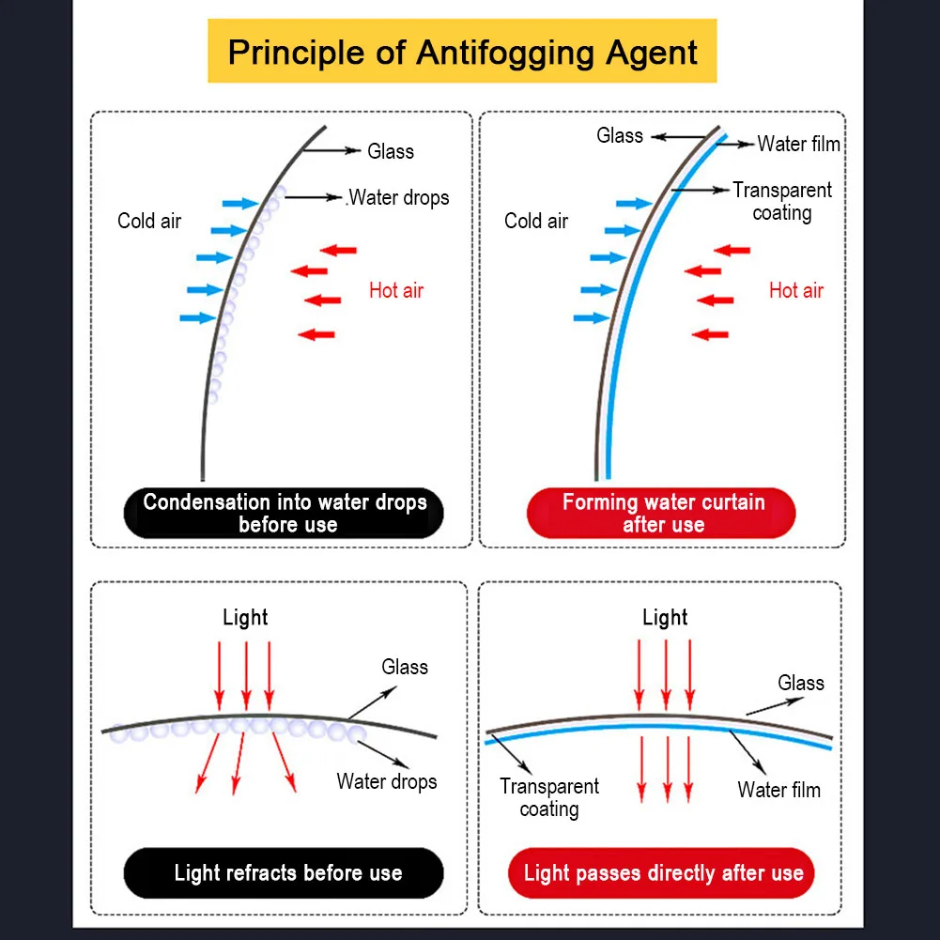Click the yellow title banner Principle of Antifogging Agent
click(462, 51)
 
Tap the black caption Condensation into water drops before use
click(284, 513)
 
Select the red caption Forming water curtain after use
click(661, 513)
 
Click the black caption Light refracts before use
click(284, 873)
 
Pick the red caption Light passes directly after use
click(661, 873)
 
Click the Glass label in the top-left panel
click(391, 151)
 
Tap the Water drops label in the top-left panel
click(399, 198)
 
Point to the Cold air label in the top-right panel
click(536, 221)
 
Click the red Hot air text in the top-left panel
click(396, 291)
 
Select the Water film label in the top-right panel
click(798, 144)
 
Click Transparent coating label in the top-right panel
click(782, 201)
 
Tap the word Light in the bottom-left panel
click(245, 618)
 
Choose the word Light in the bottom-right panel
click(665, 618)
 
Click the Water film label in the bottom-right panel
click(778, 790)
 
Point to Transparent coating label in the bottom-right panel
click(549, 798)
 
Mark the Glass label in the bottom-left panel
click(405, 668)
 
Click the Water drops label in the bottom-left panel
click(387, 781)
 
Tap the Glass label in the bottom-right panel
click(801, 683)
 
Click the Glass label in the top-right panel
click(620, 135)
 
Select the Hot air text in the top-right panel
click(796, 291)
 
